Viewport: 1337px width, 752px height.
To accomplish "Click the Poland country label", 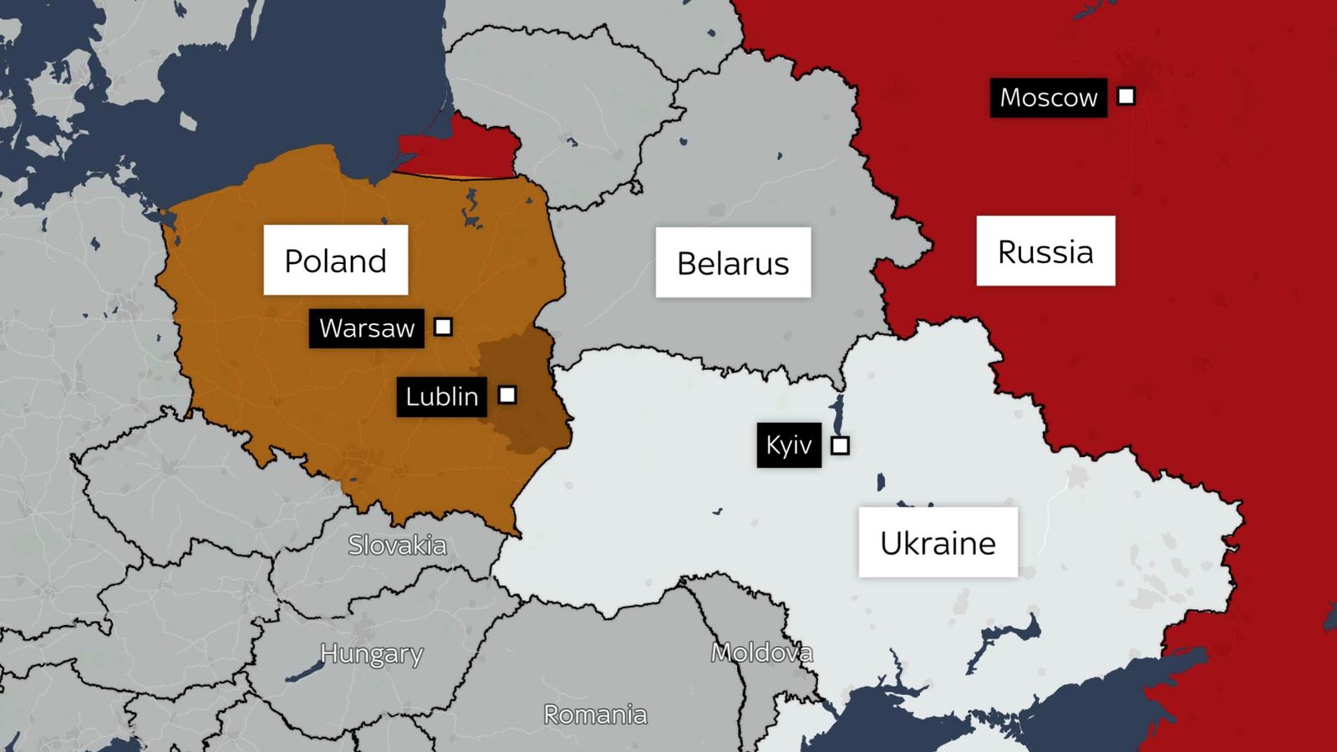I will click(x=336, y=260).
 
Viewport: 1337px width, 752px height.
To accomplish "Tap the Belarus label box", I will click(x=733, y=262).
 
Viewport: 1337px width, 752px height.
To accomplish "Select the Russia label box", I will click(x=1045, y=251).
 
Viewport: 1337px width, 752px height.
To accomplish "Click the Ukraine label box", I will click(x=938, y=542).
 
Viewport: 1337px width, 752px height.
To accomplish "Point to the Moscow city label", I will click(x=1048, y=98).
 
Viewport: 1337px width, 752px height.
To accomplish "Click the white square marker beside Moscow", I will click(x=1126, y=96).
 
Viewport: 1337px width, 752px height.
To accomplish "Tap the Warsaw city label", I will click(x=366, y=328).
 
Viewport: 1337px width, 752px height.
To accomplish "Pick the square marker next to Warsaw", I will click(x=444, y=327).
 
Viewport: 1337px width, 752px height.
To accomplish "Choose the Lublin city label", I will click(x=441, y=396).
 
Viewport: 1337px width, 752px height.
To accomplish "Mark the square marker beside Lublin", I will click(x=507, y=394).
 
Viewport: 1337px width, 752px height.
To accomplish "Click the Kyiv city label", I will click(x=789, y=445).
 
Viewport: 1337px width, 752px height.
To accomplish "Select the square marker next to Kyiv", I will click(x=841, y=445).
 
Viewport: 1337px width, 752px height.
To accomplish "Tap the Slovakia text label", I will click(x=397, y=545).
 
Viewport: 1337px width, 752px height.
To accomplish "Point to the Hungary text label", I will click(x=371, y=653).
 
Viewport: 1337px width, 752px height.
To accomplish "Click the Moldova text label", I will click(x=761, y=652).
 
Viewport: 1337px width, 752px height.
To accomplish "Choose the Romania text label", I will click(x=595, y=714).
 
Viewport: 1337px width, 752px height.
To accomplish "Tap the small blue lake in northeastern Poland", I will click(x=472, y=209).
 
